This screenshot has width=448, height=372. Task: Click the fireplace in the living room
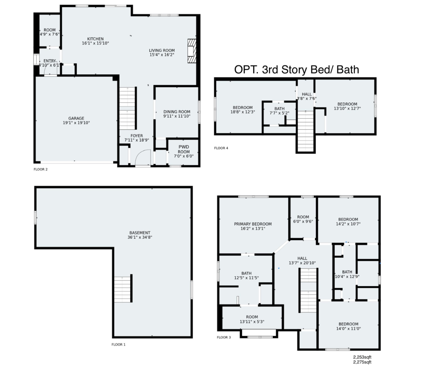click(192, 51)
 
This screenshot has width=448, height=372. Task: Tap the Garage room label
click(76, 118)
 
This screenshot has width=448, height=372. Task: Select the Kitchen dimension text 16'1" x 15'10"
click(95, 43)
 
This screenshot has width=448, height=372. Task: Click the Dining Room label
click(177, 112)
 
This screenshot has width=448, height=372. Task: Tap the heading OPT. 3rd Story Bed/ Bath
click(296, 69)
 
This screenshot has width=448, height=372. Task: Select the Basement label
click(140, 233)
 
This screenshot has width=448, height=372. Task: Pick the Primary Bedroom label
click(253, 224)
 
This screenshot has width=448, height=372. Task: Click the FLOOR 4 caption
click(221, 148)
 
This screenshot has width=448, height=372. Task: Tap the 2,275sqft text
click(362, 362)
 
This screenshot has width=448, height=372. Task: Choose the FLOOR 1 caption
click(118, 344)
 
